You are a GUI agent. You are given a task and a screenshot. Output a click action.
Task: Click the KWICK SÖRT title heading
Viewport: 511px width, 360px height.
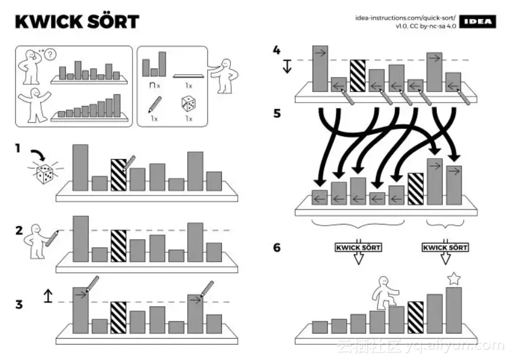77,22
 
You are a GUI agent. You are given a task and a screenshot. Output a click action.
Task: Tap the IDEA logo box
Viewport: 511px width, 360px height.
477,22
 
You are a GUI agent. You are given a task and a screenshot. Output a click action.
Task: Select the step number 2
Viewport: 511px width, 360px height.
19,230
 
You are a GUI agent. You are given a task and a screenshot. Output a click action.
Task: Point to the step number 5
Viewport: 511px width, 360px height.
277,113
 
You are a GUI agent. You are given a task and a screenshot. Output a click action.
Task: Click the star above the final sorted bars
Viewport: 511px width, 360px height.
453,279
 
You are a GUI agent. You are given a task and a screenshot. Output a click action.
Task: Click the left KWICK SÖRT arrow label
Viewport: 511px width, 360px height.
357,247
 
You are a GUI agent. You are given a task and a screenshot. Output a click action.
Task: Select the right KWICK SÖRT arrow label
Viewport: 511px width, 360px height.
445,247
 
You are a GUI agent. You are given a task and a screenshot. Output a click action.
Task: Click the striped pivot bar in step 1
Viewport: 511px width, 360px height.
119,174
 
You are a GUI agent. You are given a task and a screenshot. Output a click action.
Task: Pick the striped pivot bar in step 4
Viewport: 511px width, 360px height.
358,75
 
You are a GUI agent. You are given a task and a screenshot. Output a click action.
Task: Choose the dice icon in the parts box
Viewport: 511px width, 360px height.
188,105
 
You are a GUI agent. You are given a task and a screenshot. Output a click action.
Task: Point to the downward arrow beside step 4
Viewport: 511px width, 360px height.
287,66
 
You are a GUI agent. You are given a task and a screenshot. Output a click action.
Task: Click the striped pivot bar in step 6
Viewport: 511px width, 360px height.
416,318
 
